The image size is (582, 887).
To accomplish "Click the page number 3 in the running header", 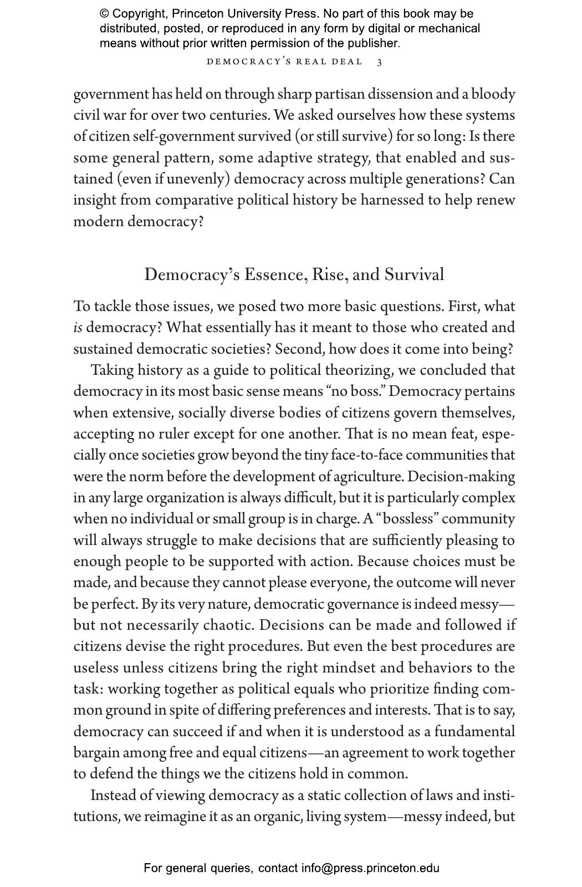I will click(x=379, y=62).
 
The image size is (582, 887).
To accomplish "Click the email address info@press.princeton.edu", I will click(x=370, y=868).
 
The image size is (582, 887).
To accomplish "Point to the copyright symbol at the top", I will click(x=104, y=14).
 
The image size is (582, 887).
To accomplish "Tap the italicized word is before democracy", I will click(x=78, y=328).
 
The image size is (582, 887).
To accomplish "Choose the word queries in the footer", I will click(x=230, y=868).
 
